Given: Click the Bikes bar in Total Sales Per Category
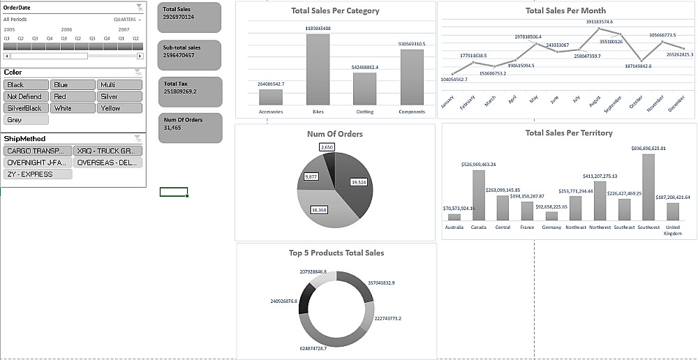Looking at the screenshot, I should pyautogui.click(x=318, y=69).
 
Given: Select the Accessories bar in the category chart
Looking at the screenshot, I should pyautogui.click(x=271, y=97).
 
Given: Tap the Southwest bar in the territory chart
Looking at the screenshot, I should pyautogui.click(x=648, y=187).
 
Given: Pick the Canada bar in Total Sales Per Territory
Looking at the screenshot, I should pyautogui.click(x=479, y=195).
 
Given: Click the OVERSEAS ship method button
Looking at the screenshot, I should pyautogui.click(x=107, y=163).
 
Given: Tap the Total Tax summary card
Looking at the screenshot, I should pyautogui.click(x=190, y=91).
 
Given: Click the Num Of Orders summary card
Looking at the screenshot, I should pyautogui.click(x=190, y=128).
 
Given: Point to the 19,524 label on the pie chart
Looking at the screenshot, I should pyautogui.click(x=358, y=182).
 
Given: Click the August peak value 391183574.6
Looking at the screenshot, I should pyautogui.click(x=600, y=22).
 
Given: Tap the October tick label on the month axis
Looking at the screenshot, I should pyautogui.click(x=636, y=103).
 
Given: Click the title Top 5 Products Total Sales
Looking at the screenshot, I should pyautogui.click(x=336, y=253).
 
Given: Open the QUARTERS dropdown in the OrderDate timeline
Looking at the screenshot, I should pyautogui.click(x=128, y=20).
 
